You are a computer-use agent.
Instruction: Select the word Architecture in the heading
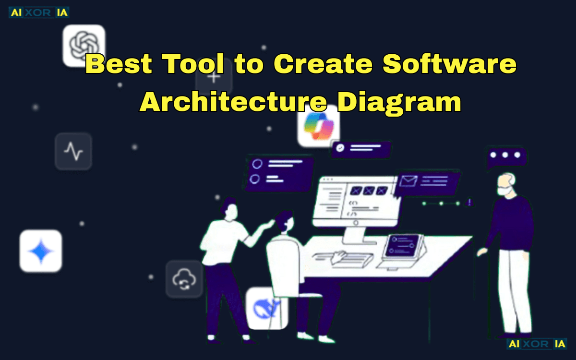233,102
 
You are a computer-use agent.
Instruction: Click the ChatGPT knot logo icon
84,46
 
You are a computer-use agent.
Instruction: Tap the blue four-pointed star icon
41,251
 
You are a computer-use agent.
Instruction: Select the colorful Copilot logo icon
318,126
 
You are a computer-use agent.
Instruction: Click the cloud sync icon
184,279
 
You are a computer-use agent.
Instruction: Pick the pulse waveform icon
73,152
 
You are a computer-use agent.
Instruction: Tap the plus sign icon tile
214,77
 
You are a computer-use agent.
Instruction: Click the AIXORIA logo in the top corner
39,12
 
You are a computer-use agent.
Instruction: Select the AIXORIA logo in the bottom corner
537,344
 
